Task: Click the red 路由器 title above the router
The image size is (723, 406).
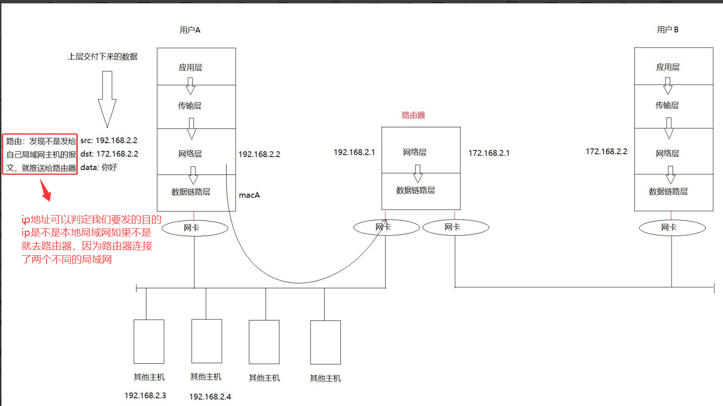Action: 413,115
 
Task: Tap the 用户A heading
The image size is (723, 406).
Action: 190,30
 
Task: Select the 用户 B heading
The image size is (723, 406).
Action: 667,30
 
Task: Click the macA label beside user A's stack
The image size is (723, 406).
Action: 249,195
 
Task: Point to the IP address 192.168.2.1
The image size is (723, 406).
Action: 354,152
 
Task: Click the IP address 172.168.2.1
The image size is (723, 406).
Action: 489,153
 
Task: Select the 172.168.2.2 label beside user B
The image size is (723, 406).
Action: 606,151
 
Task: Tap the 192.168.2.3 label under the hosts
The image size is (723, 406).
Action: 145,395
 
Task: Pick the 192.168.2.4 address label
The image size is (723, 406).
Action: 210,397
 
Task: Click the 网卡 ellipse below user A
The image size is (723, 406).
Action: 194,228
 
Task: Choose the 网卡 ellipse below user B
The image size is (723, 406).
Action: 672,227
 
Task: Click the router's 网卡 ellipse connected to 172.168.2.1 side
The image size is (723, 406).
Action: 456,227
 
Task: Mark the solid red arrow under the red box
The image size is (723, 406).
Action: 45,190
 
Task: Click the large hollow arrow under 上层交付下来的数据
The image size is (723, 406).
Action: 107,99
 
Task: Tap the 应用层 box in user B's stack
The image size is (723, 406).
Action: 674,66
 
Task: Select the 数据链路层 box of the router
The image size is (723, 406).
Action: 421,191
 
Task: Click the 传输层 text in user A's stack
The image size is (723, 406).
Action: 190,106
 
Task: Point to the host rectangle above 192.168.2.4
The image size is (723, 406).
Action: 206,341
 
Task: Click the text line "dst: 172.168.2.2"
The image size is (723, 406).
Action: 109,154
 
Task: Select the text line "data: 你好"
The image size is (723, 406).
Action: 98,167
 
